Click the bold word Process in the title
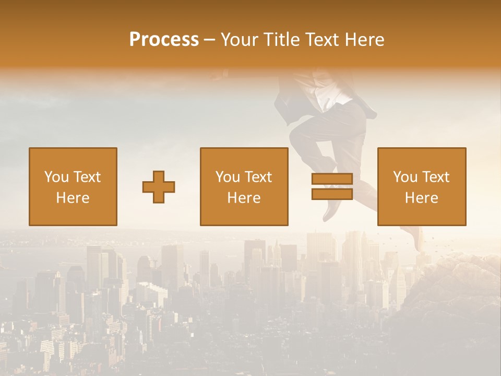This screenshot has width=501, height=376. tap(164, 40)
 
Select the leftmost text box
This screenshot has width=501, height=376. tap(73, 186)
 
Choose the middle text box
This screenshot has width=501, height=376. tap(244, 186)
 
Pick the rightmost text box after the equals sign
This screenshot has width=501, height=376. tap(422, 186)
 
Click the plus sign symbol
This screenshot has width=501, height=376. tap(159, 187)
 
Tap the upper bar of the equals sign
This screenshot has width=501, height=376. tap(332, 179)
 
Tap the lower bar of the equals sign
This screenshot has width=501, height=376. tap(332, 194)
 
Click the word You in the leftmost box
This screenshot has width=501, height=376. tap(56, 177)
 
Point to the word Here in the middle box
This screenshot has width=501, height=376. tap(244, 197)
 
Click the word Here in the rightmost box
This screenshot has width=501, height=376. tap(422, 197)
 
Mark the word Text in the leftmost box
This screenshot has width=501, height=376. tap(87, 177)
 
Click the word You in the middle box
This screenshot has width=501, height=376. tap(227, 177)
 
